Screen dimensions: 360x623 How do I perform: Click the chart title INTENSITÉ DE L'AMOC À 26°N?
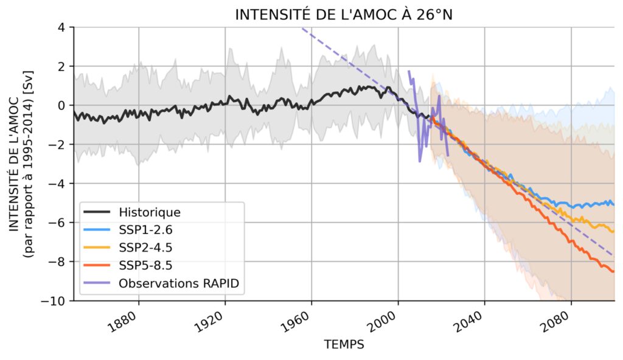pos(344,15)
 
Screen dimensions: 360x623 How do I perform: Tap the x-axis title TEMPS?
pos(344,345)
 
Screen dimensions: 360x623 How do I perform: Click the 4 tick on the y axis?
pos(61,27)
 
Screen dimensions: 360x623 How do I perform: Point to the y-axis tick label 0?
pos(61,105)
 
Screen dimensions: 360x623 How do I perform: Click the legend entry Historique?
pos(150,213)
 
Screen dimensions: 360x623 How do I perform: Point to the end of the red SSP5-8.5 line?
pos(613,271)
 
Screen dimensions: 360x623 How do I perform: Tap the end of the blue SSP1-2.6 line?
pos(613,204)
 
